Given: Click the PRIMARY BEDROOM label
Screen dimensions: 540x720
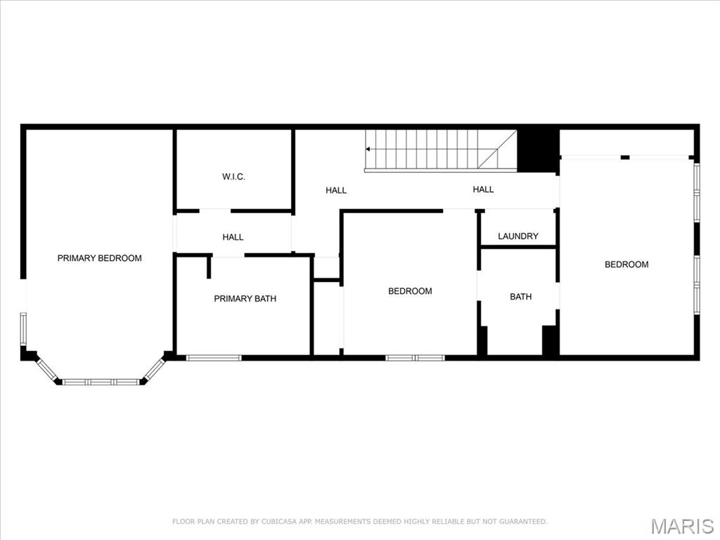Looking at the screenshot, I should coord(99,258).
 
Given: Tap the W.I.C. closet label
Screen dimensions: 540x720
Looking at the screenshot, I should coord(233,176).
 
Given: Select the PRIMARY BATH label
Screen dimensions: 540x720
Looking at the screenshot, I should coord(245,299).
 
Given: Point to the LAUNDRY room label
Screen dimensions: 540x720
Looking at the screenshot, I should coord(518,236).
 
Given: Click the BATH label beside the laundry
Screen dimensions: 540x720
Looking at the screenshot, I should coord(520,297).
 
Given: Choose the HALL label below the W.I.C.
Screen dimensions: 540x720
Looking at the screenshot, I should coord(233,238).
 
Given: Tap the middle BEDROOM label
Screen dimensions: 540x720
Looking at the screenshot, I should coord(410,291).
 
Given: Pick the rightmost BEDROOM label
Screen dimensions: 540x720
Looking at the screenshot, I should coord(626,264).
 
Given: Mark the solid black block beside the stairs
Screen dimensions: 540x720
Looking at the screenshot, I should coord(538,150).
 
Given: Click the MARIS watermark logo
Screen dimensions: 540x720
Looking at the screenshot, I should coord(681,526).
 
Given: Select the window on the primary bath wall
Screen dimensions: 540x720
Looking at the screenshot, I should coord(214,358).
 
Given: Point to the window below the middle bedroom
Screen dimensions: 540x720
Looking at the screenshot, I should coord(415,358).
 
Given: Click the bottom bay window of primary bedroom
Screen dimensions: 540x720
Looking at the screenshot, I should coord(101,382).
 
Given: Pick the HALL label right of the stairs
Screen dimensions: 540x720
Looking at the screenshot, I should coord(483,189).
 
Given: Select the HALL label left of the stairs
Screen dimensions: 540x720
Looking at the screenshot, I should coord(336,190).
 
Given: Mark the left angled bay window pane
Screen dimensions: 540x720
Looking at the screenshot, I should coord(48,370).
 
